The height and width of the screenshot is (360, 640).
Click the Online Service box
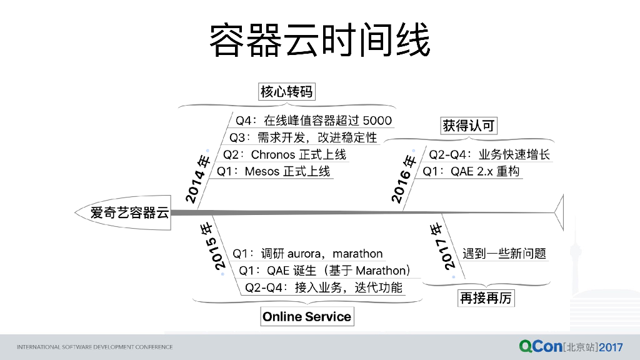[x=306, y=317]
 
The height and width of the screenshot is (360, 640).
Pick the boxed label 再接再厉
[x=486, y=298]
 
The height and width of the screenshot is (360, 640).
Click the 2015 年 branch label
[x=212, y=246]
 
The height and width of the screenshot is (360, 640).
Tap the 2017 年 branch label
[x=442, y=246]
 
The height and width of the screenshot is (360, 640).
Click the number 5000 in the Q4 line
[x=377, y=121]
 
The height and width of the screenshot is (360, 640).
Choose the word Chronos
[x=272, y=154]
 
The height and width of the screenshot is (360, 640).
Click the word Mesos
[x=262, y=171]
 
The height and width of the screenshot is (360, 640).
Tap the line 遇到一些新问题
[x=504, y=254]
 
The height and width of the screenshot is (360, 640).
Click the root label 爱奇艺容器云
[x=129, y=212]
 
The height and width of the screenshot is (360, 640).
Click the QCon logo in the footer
[x=540, y=346]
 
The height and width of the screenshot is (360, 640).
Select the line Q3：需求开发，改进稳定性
[x=303, y=137]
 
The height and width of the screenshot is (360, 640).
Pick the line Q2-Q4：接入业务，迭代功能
[x=324, y=287]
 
